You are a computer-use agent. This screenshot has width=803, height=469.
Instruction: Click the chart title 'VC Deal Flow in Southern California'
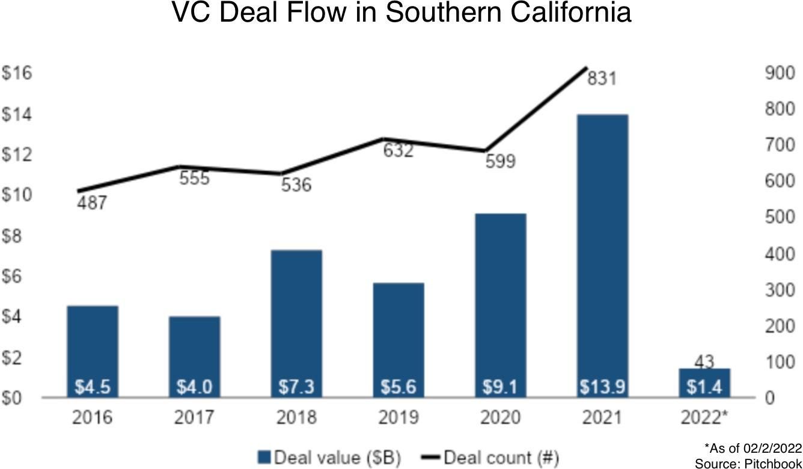click(x=401, y=13)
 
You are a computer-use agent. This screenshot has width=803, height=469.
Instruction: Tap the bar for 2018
click(x=296, y=319)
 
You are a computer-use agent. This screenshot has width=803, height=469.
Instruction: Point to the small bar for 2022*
click(x=704, y=382)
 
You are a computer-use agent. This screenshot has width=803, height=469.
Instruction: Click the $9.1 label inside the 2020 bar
click(x=500, y=387)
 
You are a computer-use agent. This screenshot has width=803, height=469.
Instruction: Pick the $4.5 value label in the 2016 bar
click(x=93, y=387)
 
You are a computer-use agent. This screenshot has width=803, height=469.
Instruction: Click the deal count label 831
click(x=602, y=78)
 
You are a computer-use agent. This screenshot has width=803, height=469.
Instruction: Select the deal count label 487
click(x=92, y=203)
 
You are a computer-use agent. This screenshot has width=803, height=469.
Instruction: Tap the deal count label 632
click(x=398, y=150)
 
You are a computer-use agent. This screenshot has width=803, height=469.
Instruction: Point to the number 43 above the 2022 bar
click(x=704, y=362)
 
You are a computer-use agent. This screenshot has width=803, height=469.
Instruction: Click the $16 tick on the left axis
click(x=17, y=73)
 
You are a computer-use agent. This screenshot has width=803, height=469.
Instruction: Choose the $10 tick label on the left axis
click(x=17, y=195)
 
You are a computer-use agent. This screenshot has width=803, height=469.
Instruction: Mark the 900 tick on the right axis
click(x=780, y=73)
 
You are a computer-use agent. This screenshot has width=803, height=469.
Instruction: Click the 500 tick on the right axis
click(x=780, y=218)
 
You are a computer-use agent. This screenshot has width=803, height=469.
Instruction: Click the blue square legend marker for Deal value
click(x=264, y=458)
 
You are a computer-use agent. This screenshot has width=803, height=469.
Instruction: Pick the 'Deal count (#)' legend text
click(x=501, y=458)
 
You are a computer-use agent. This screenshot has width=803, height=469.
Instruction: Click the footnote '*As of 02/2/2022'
click(x=753, y=448)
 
